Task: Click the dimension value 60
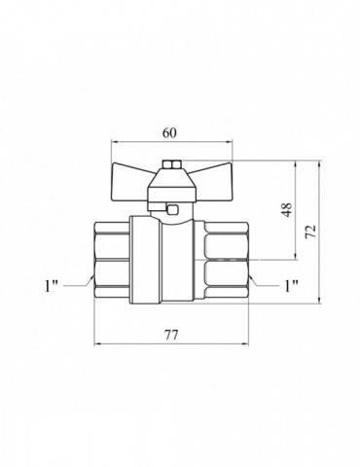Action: coord(170,133)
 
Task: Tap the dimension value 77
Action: coord(171,335)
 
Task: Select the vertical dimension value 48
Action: coord(287,209)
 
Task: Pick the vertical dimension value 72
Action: coord(310,232)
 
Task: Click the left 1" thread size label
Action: coord(51,286)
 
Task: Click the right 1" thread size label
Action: coord(291,286)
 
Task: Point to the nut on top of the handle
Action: coord(172,165)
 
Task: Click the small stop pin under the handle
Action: coord(172,210)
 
